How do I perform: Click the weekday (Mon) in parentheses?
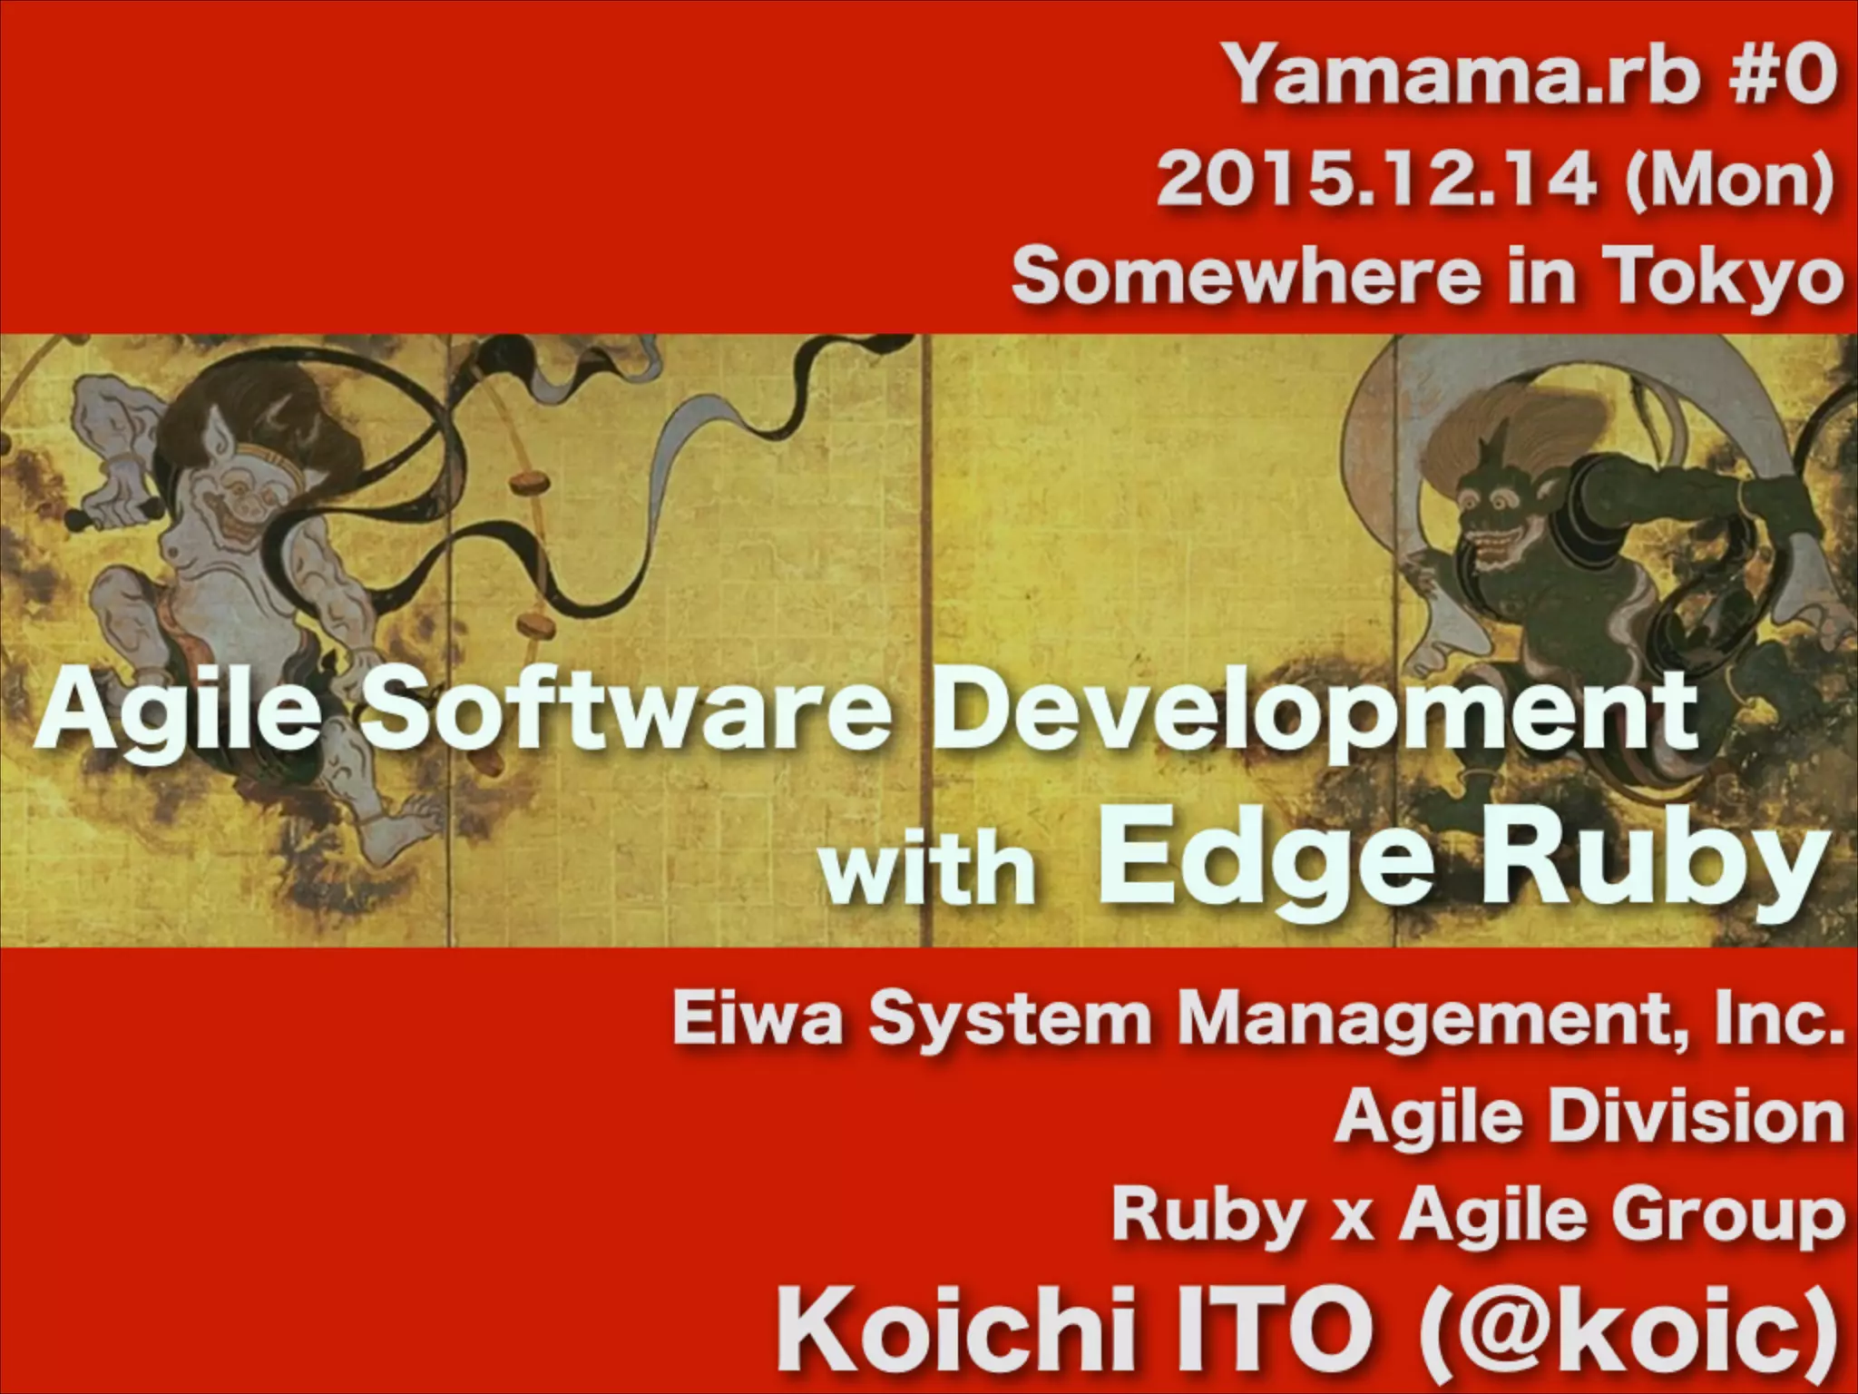(x=1729, y=180)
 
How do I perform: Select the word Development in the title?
(x=1315, y=712)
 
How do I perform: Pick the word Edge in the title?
(x=1265, y=862)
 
